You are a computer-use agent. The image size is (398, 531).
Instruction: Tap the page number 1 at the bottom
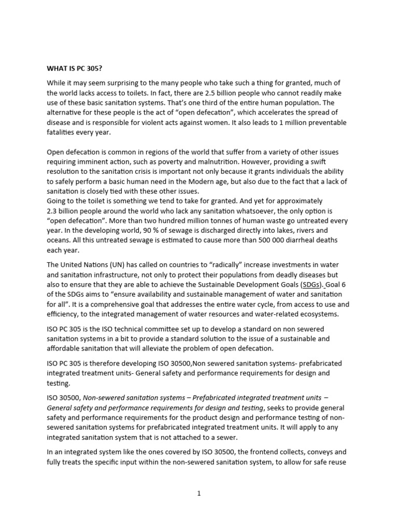coord(198,493)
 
